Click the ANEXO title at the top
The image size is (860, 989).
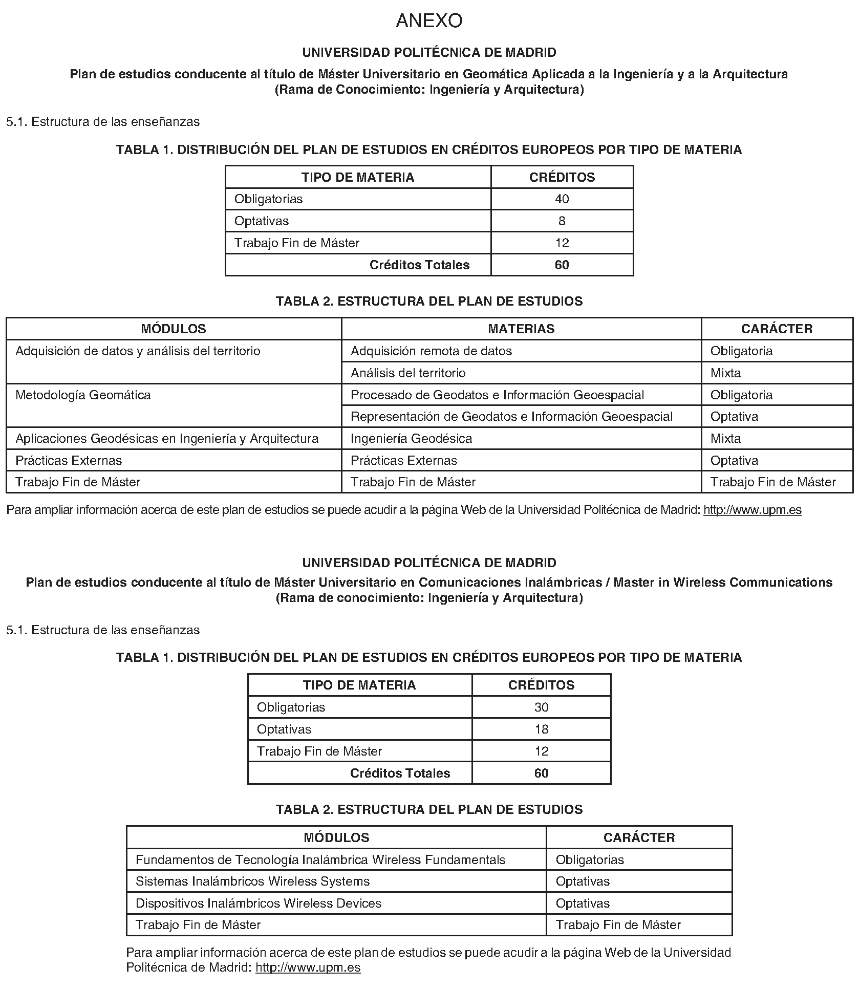coord(429,21)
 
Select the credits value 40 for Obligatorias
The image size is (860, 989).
coord(562,199)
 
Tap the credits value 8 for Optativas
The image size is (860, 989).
coord(562,221)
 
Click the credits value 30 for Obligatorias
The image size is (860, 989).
coord(541,707)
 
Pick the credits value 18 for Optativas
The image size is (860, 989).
coord(541,729)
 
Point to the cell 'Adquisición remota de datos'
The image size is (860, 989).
coord(431,351)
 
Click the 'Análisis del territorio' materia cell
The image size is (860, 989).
coord(408,373)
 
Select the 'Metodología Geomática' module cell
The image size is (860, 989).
coord(83,395)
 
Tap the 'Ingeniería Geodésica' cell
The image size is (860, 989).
coord(411,439)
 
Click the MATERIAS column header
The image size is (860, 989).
coord(521,329)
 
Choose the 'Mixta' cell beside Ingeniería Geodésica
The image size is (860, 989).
coord(725,439)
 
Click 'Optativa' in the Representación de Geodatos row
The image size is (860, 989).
coord(734,417)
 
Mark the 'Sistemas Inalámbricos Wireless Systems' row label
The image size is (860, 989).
coord(252,881)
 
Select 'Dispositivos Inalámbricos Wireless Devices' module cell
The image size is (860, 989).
coord(259,904)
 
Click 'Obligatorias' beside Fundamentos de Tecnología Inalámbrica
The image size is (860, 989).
coord(590,860)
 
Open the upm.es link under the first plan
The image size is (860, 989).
coord(752,510)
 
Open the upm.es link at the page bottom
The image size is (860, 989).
coord(308,967)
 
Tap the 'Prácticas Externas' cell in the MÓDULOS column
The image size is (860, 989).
coord(69,461)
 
